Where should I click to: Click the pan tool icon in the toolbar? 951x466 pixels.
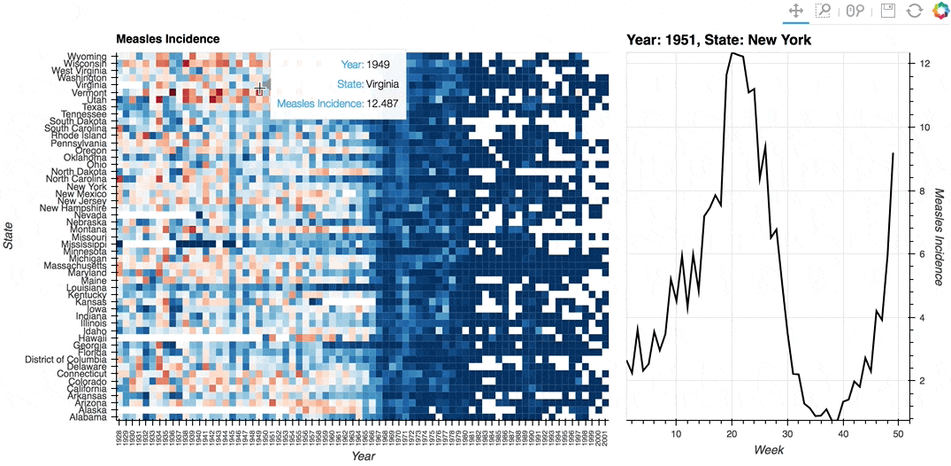[795, 11]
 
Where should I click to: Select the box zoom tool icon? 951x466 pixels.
[824, 11]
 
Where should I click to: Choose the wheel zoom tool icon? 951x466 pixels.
[855, 11]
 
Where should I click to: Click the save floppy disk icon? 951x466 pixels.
[888, 11]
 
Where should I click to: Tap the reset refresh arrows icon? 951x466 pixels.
[915, 11]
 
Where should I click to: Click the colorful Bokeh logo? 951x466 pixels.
[939, 11]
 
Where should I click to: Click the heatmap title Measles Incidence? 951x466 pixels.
[167, 40]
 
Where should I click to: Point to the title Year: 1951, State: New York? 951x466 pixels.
[718, 40]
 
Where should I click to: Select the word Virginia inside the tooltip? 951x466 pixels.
[382, 84]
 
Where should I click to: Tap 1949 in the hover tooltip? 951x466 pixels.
[378, 65]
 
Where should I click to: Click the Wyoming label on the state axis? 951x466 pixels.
[86, 57]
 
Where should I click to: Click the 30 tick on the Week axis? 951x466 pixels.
[787, 433]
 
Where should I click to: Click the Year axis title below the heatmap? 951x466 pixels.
[363, 456]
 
